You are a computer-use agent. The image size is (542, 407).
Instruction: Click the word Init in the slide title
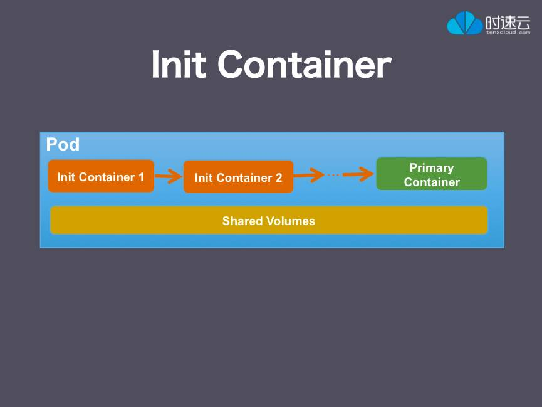pyautogui.click(x=178, y=64)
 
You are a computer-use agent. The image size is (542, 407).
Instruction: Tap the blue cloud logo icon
pyautogui.click(x=464, y=23)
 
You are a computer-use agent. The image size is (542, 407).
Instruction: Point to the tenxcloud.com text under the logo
pyautogui.click(x=508, y=31)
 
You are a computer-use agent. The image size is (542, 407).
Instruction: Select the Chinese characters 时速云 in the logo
pyautogui.click(x=508, y=20)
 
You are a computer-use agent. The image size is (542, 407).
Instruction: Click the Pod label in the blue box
pyautogui.click(x=63, y=145)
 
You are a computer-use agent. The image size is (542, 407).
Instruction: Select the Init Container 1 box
pyautogui.click(x=101, y=177)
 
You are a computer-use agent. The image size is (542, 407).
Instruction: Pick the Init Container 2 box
pyautogui.click(x=238, y=177)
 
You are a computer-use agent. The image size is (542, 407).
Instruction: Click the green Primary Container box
pyautogui.click(x=432, y=174)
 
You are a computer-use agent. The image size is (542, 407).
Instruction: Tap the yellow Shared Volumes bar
pyautogui.click(x=269, y=221)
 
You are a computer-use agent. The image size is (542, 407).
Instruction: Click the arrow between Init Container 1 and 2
pyautogui.click(x=168, y=177)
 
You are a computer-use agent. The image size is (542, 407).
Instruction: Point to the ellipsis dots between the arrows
pyautogui.click(x=333, y=175)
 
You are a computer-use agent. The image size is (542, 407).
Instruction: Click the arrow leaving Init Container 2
pyautogui.click(x=309, y=176)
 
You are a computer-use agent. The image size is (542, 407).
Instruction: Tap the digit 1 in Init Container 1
pyautogui.click(x=141, y=177)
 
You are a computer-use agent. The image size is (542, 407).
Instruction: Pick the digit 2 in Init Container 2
pyautogui.click(x=279, y=178)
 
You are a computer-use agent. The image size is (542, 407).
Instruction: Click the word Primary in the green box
pyautogui.click(x=432, y=167)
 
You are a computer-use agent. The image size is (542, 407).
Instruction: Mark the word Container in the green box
pyautogui.click(x=432, y=182)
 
